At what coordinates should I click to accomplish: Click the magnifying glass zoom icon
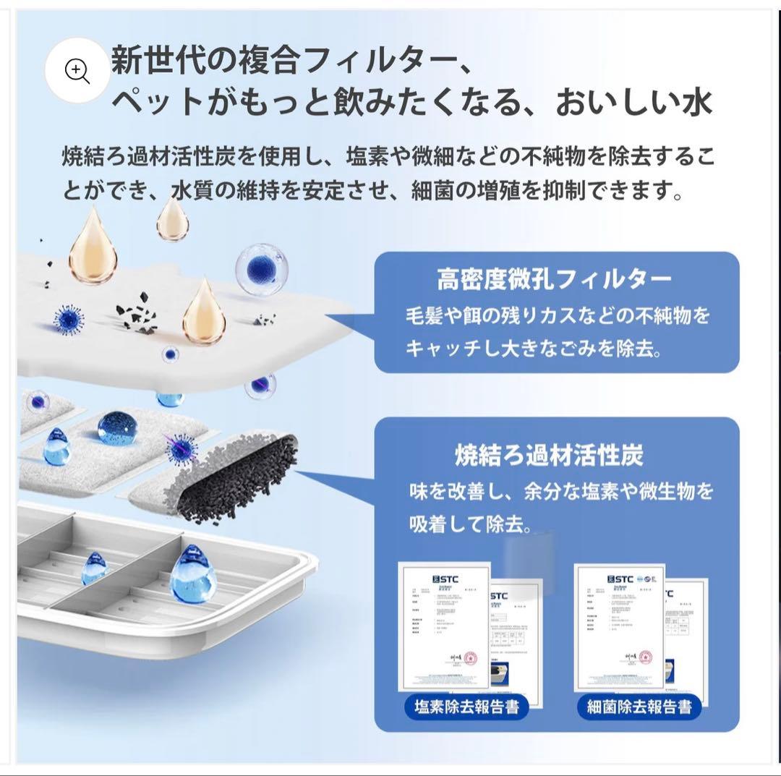(x=77, y=70)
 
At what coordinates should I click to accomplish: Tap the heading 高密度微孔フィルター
(x=554, y=278)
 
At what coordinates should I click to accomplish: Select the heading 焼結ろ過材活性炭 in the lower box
(x=550, y=455)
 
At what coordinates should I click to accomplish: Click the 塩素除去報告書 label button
(x=466, y=706)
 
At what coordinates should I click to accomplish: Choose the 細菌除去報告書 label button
(x=639, y=706)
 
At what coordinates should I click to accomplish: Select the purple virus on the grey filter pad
(x=180, y=449)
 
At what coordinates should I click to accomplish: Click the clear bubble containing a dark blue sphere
(x=260, y=268)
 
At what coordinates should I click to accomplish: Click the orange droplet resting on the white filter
(x=203, y=312)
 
